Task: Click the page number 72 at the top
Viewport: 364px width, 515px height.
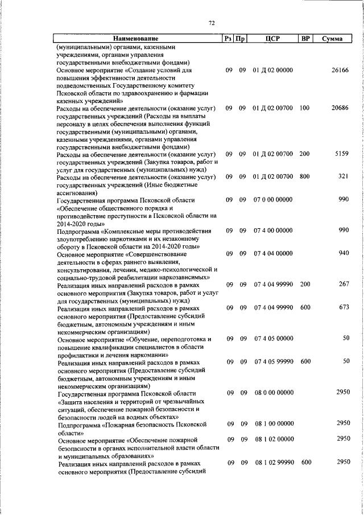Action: click(x=212, y=23)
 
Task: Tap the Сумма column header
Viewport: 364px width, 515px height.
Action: click(x=332, y=39)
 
